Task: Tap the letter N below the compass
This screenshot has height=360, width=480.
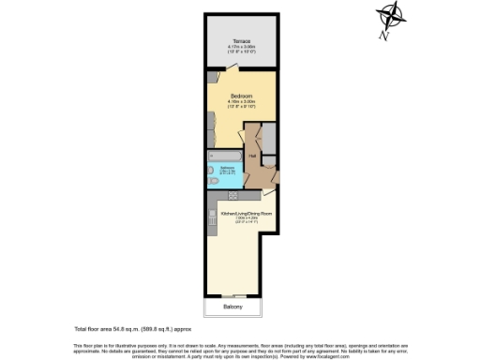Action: coord(384,36)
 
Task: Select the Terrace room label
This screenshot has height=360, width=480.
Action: coord(240,41)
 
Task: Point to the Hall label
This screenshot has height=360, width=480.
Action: coord(253,156)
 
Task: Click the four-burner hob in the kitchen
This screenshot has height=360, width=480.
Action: coord(213,223)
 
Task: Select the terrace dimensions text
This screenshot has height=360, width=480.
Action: coord(240,50)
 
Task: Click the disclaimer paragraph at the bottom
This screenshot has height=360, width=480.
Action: coord(240,350)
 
